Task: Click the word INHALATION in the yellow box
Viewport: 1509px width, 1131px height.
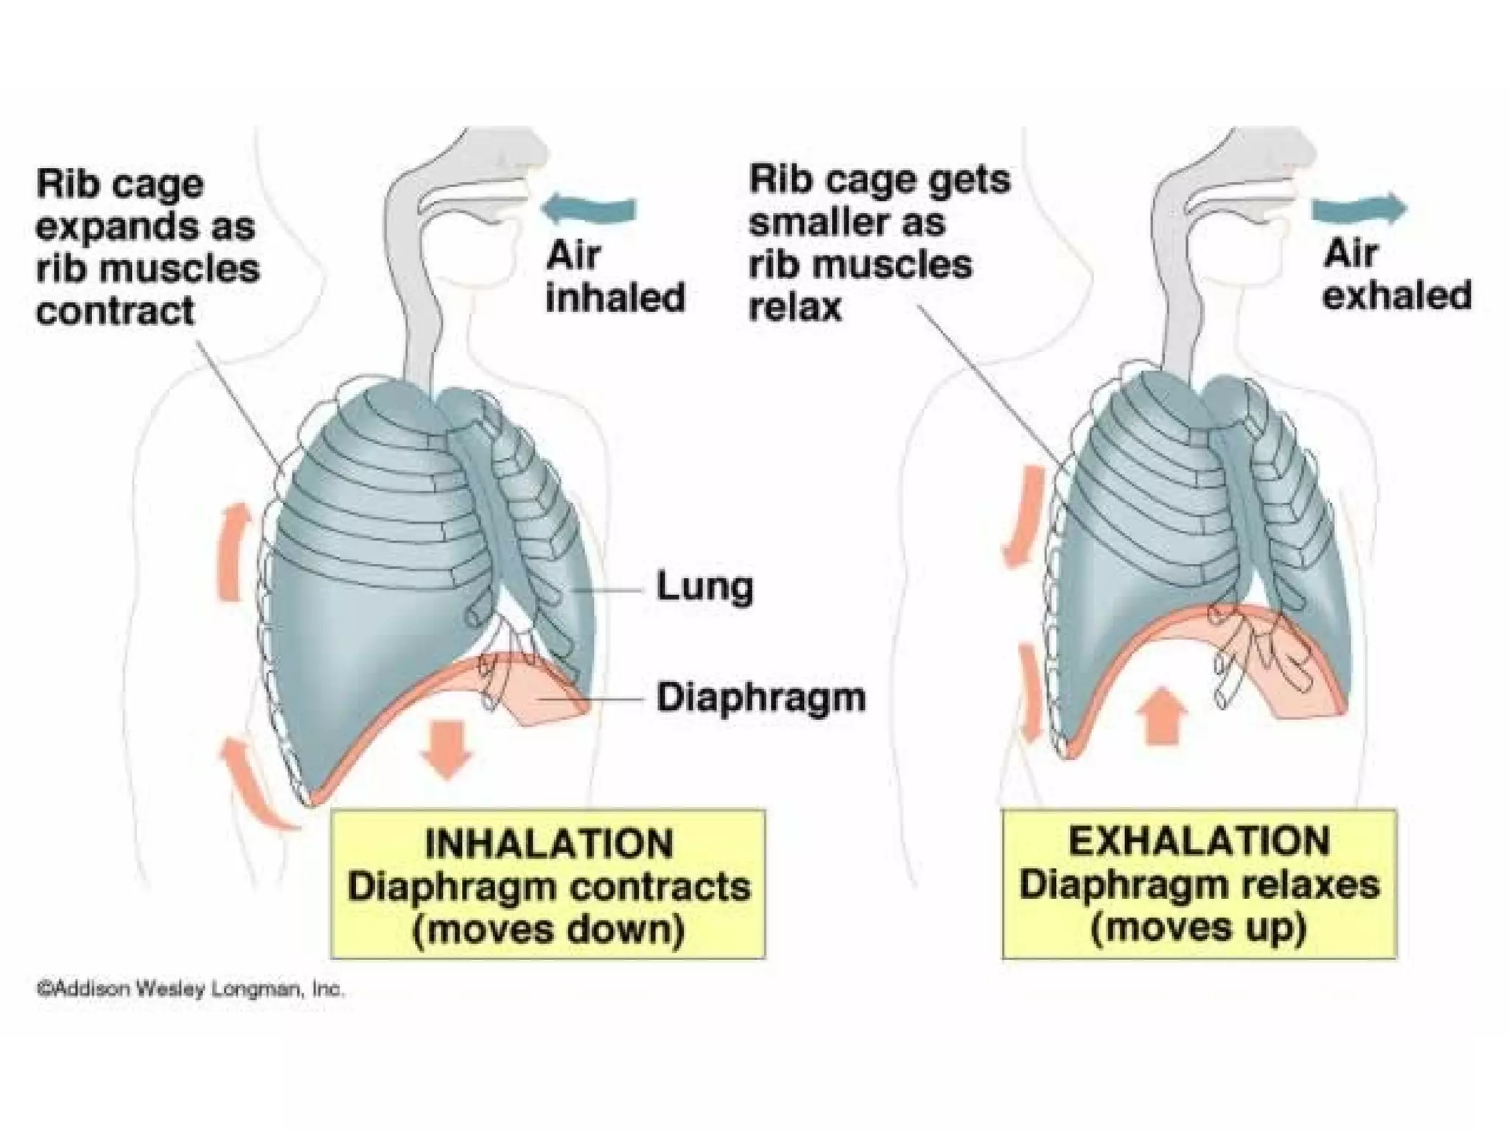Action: pyautogui.click(x=549, y=844)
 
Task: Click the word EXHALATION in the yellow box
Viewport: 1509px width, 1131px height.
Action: pyautogui.click(x=1200, y=842)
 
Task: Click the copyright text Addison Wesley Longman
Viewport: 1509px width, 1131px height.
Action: pyautogui.click(x=190, y=989)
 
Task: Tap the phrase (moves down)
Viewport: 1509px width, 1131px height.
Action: pyautogui.click(x=549, y=929)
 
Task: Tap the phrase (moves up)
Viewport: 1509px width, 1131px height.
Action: pyautogui.click(x=1199, y=926)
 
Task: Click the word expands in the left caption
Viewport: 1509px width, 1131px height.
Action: pyautogui.click(x=111, y=228)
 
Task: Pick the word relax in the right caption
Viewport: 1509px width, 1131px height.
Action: pyautogui.click(x=795, y=307)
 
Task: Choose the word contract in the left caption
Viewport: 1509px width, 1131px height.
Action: pyautogui.click(x=116, y=311)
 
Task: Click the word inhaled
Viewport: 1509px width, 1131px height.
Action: pyautogui.click(x=615, y=298)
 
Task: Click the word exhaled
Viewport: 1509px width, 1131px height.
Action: pyautogui.click(x=1396, y=296)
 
